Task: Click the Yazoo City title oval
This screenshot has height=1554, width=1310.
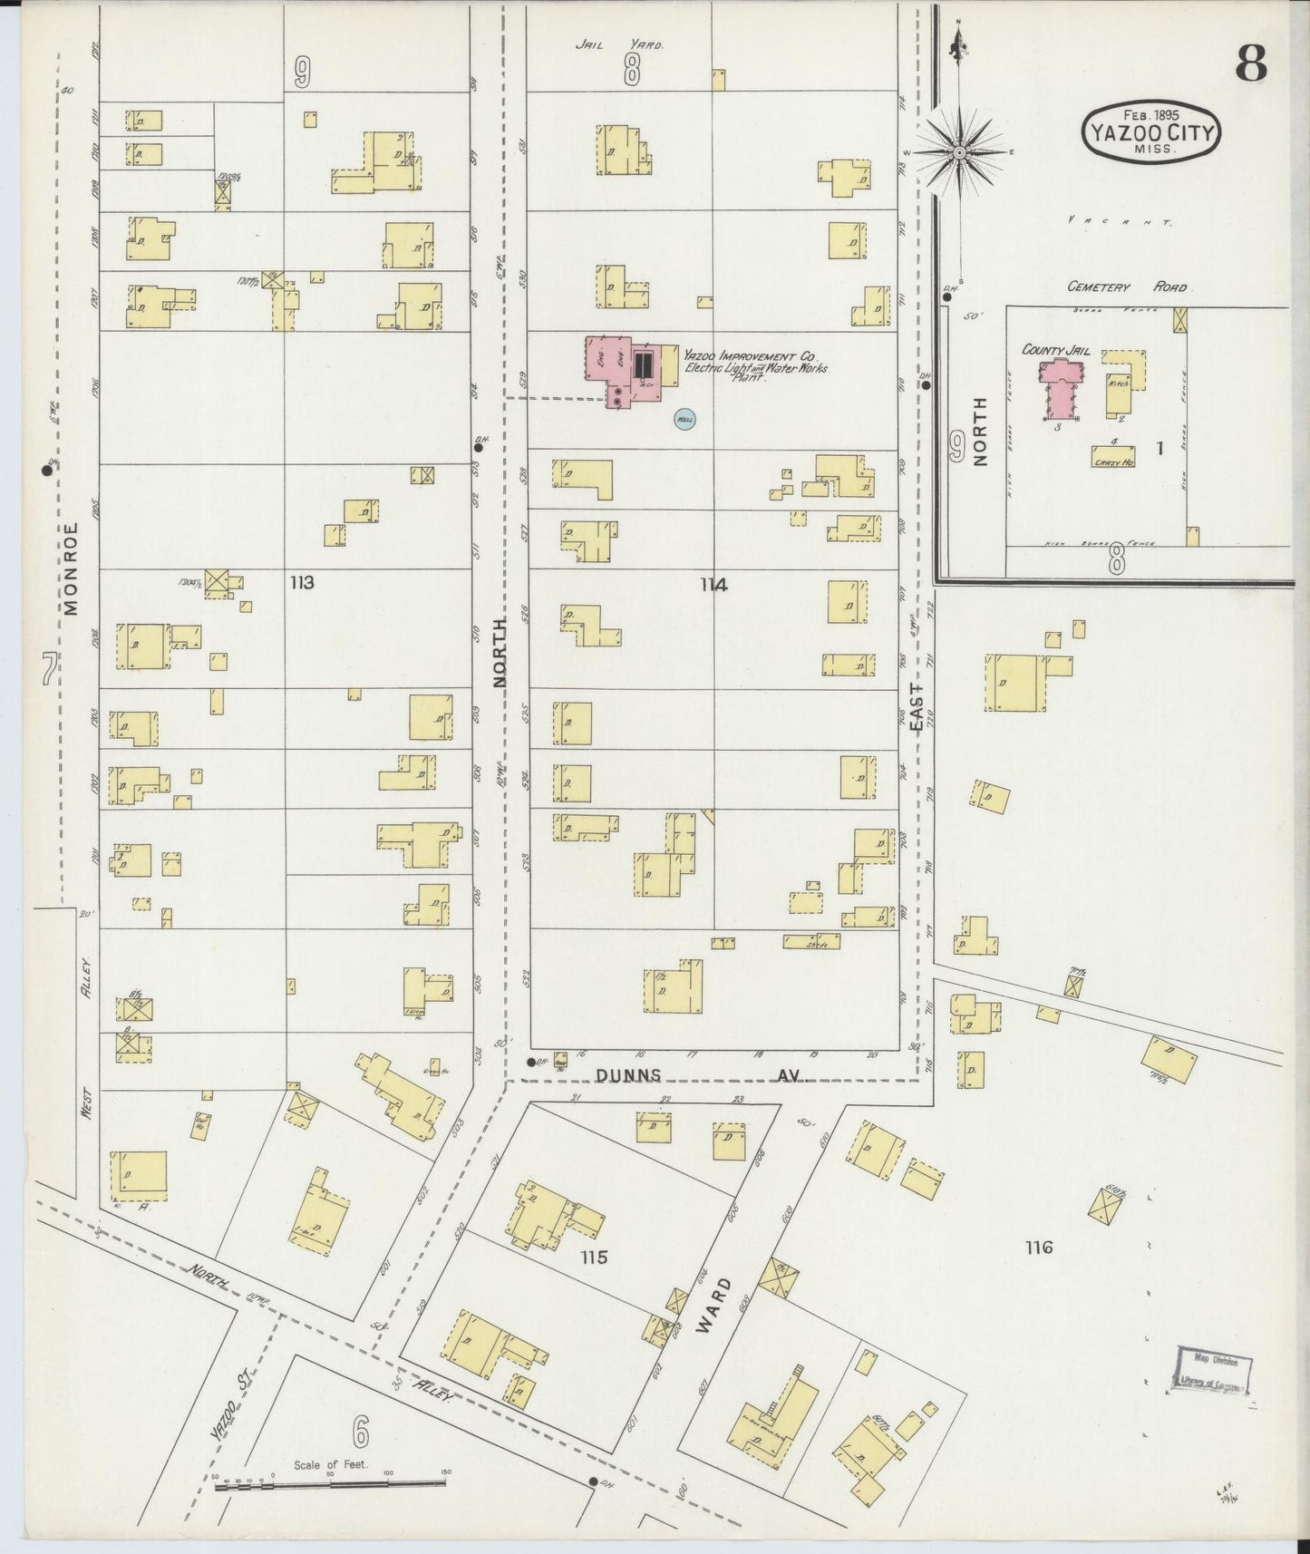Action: click(1150, 134)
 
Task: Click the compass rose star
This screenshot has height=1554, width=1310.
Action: click(959, 153)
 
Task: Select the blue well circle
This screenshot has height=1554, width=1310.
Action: click(685, 420)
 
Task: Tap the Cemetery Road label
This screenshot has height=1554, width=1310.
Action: click(1126, 287)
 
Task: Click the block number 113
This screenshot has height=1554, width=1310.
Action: click(302, 583)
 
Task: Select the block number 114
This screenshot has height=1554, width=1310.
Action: click(713, 585)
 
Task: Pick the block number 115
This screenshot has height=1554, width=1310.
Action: click(595, 1258)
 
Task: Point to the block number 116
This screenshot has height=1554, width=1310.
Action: click(1038, 1248)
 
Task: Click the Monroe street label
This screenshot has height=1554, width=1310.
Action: click(72, 568)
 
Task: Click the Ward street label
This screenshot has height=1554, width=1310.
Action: click(713, 1305)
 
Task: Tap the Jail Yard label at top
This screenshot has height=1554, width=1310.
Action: click(620, 44)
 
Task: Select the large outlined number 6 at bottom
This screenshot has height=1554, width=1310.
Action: click(361, 1433)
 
